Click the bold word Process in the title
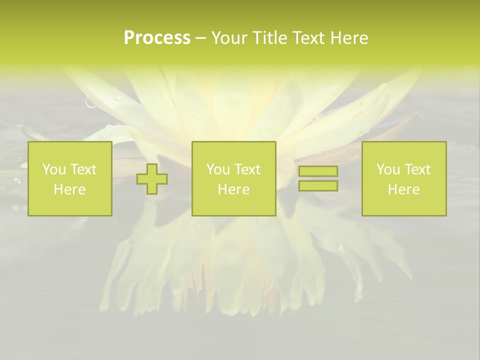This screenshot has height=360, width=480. coord(157,38)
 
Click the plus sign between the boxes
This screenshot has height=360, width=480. coord(152,179)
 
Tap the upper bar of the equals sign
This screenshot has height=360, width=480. coord(318,171)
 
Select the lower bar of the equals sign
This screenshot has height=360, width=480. coord(318,186)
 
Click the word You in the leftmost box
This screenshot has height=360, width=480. coord(54,169)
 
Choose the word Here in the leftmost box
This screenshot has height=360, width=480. coord(69,189)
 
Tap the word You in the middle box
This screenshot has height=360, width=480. coord(218,169)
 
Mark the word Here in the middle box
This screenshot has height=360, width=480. coord(233,189)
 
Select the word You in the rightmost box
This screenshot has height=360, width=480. coord(388,169)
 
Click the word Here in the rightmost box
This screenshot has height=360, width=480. coord(403,189)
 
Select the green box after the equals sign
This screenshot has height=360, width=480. coord(404,205)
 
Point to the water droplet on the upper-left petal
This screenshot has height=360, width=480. coord(90,103)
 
